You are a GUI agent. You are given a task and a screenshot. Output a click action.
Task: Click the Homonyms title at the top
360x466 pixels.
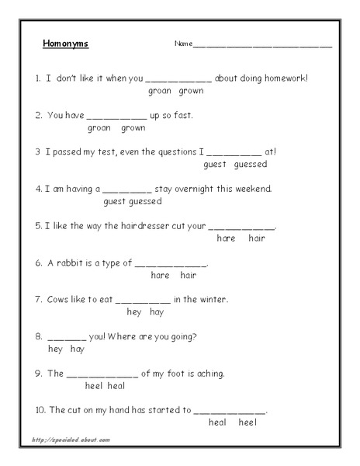click(x=65, y=43)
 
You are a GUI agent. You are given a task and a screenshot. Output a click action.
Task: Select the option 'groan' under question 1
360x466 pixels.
click(x=158, y=91)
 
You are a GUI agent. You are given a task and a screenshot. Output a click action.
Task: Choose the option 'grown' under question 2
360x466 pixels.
click(x=133, y=127)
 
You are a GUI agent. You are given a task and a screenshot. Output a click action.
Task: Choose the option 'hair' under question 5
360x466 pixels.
click(x=257, y=238)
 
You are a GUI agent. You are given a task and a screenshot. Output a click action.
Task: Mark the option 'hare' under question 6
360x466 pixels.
click(x=161, y=275)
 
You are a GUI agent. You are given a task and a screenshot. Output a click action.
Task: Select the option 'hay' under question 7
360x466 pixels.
click(x=156, y=312)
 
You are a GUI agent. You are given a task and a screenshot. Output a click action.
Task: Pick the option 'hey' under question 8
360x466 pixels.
click(x=55, y=349)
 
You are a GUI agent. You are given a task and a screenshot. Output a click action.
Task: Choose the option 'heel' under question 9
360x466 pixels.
click(x=95, y=386)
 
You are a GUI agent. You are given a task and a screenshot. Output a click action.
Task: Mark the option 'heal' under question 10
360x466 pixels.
click(x=217, y=423)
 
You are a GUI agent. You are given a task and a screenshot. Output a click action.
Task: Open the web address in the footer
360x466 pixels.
click(x=71, y=440)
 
